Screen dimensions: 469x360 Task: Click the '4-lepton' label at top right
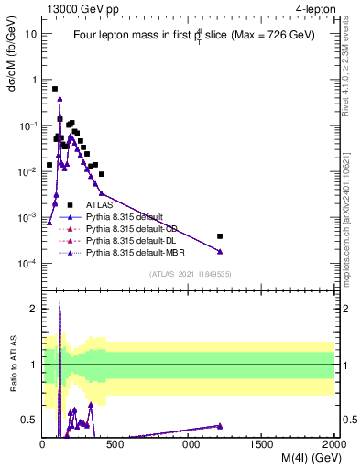pos(314,8)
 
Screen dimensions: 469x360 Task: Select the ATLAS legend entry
pos(99,205)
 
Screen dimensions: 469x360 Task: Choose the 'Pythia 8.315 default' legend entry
pos(124,217)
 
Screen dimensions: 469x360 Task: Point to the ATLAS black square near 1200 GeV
pos(219,236)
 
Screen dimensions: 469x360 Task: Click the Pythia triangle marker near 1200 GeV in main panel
pos(219,251)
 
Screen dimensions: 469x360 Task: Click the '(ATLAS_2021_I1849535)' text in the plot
pos(188,274)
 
